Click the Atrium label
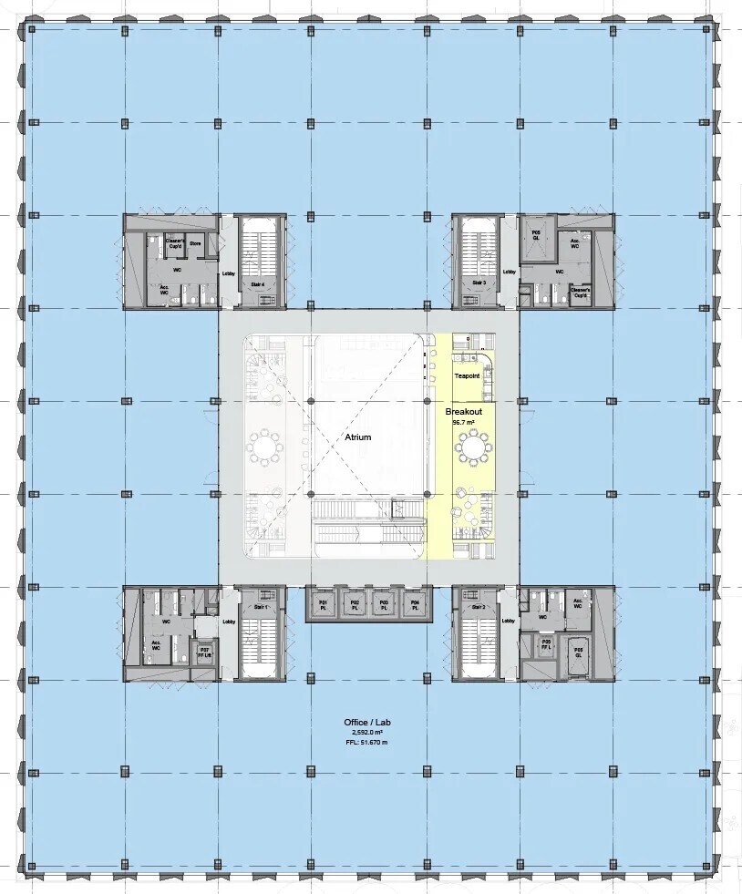pos(358,437)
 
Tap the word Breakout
pos(463,412)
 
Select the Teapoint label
pos(467,375)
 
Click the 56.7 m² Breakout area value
pos(463,422)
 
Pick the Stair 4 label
pos(258,284)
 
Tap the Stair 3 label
pos(477,283)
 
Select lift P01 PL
pos(323,605)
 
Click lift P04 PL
pos(415,605)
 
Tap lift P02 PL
pos(354,605)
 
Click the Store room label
pos(195,243)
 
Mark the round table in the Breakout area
pos(473,448)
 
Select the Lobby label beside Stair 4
pos(228,272)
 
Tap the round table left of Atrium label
pos(265,447)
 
